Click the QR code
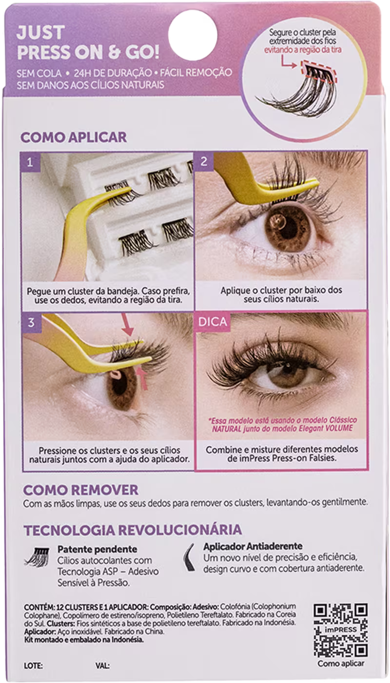[340, 629]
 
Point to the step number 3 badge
[30, 322]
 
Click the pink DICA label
[210, 322]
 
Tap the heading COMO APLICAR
[73, 137]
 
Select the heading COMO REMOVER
[80, 489]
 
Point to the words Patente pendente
[97, 549]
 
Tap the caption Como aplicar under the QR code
[341, 663]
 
